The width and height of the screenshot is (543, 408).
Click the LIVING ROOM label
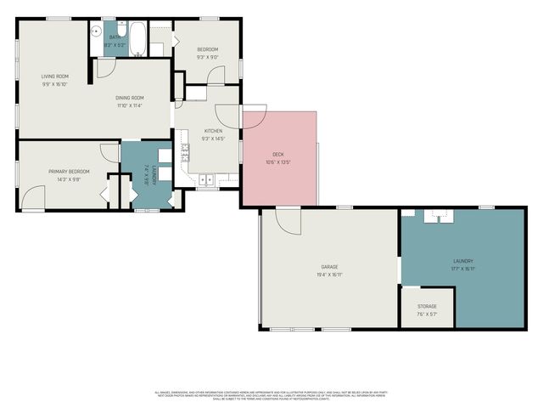55,76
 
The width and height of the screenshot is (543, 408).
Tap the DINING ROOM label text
130,98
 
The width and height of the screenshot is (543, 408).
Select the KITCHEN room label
212,130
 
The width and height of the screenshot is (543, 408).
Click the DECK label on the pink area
277,154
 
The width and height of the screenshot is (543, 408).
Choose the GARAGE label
329,266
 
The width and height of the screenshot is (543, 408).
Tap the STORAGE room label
427,306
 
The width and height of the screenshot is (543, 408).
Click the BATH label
116,37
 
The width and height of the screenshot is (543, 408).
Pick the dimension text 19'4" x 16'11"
329,274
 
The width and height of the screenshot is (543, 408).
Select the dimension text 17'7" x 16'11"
462,269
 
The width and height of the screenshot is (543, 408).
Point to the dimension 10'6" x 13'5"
277,161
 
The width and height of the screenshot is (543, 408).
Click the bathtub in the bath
138,38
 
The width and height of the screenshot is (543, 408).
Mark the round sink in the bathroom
98,27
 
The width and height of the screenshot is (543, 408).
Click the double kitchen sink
206,180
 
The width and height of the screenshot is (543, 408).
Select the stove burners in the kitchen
185,154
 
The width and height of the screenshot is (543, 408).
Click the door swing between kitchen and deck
254,117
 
